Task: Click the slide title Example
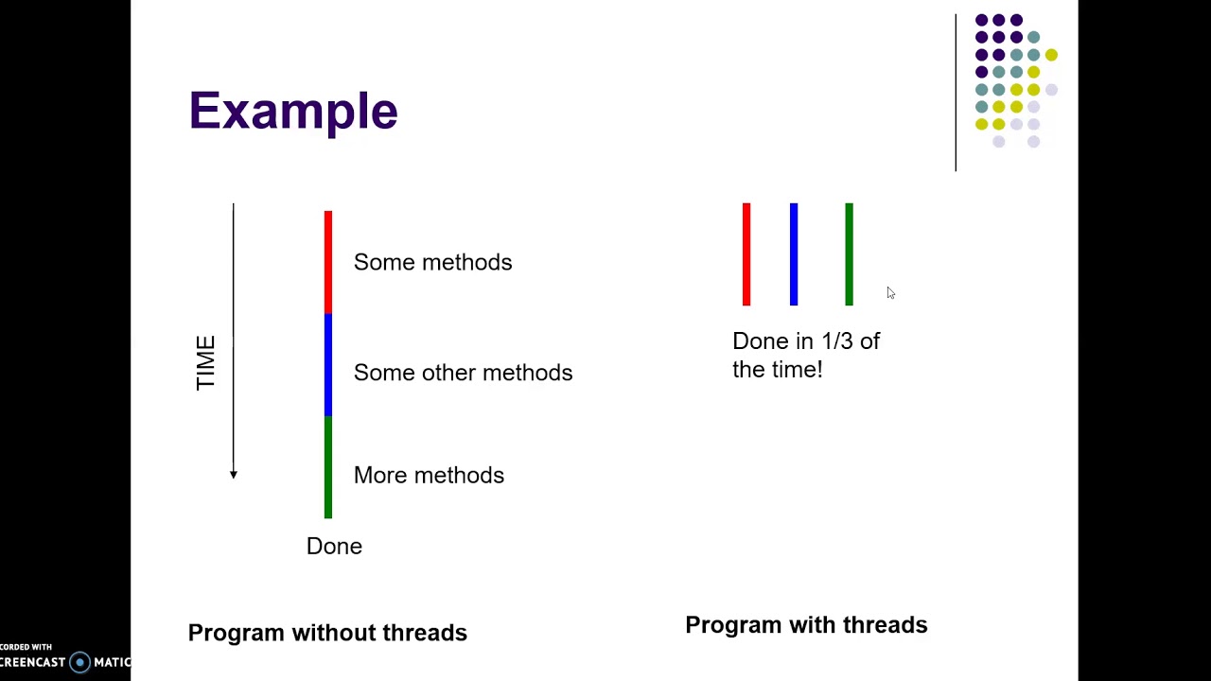293,112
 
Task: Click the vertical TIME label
205,363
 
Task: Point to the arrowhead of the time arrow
234,474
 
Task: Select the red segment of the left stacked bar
328,262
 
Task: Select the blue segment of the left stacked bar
328,365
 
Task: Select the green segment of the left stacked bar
328,467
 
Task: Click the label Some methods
432,262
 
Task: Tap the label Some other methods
463,373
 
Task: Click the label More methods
429,475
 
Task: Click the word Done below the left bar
334,547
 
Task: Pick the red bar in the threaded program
746,254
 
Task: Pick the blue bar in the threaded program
794,254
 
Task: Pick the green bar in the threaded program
849,254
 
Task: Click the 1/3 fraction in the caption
837,341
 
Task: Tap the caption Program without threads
327,633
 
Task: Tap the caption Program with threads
806,625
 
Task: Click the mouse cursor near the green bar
890,293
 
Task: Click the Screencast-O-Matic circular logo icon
80,662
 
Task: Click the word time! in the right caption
799,370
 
